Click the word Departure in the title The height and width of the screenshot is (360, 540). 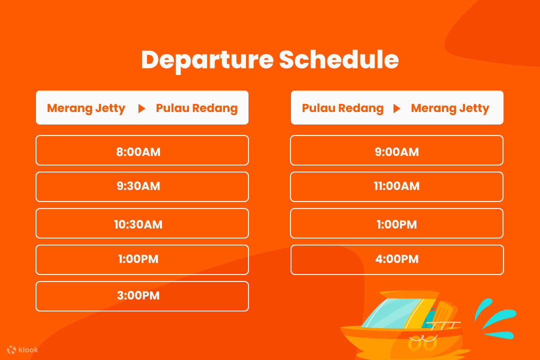coord(207,60)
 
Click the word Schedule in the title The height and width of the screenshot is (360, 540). coord(338,60)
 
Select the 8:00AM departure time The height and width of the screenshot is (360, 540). coord(142,150)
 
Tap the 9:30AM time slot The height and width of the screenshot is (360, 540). coord(142,186)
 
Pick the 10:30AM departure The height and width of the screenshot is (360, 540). coord(142,223)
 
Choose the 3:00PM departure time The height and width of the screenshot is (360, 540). coord(142,296)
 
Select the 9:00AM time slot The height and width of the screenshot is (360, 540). coord(396,150)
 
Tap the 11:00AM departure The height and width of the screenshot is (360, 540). coord(396,186)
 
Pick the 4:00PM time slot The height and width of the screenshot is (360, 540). coord(396,259)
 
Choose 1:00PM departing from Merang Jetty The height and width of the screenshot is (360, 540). coord(142,259)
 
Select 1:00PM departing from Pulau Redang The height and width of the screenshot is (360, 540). coord(396,223)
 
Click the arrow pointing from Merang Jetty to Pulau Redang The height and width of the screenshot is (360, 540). coord(141,108)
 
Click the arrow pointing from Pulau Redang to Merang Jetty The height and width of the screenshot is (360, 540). coord(396,108)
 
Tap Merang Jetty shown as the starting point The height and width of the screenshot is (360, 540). coord(86,108)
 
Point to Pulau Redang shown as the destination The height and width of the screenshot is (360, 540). coord(196,108)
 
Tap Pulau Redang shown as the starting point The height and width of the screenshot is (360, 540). coord(342,108)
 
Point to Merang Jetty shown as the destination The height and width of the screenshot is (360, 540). coord(450,108)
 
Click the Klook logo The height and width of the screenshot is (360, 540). coord(22,350)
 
